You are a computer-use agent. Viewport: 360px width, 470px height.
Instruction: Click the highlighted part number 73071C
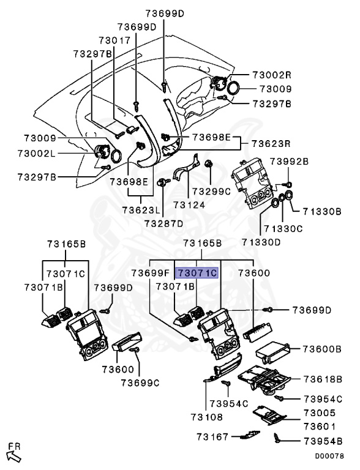click(197, 273)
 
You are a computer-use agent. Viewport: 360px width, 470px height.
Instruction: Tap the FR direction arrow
click(13, 456)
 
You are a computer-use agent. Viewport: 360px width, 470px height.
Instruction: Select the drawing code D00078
click(329, 456)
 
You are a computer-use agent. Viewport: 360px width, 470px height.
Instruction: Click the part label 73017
click(115, 40)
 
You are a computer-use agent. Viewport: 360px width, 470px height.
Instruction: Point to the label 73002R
click(272, 75)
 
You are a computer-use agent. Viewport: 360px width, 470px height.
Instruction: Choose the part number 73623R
click(271, 144)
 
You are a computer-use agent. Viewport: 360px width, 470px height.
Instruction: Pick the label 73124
click(189, 205)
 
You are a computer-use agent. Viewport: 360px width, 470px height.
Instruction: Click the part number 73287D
click(163, 223)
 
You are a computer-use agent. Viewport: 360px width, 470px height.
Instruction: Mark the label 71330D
click(261, 242)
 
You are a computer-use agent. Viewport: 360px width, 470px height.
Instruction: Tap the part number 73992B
click(289, 162)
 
